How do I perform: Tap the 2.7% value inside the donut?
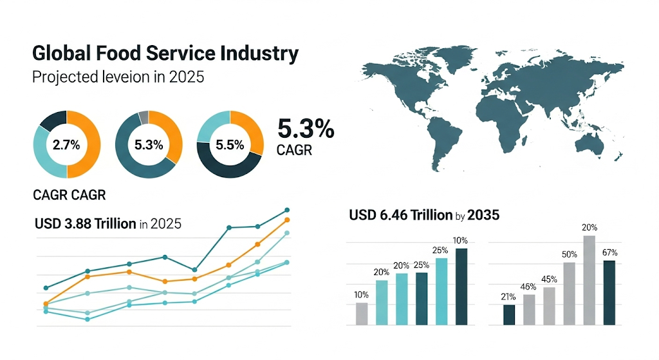[x=66, y=145]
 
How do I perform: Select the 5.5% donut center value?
[x=230, y=145]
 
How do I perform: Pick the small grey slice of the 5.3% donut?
[x=144, y=117]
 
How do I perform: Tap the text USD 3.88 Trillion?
[x=85, y=224]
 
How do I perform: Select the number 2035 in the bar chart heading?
[x=483, y=215]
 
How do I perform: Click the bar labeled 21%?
[x=509, y=315]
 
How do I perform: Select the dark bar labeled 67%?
[x=609, y=293]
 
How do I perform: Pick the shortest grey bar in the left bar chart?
[x=362, y=314]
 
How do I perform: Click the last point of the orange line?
[x=287, y=220]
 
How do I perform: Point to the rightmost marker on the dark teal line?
[x=287, y=210]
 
